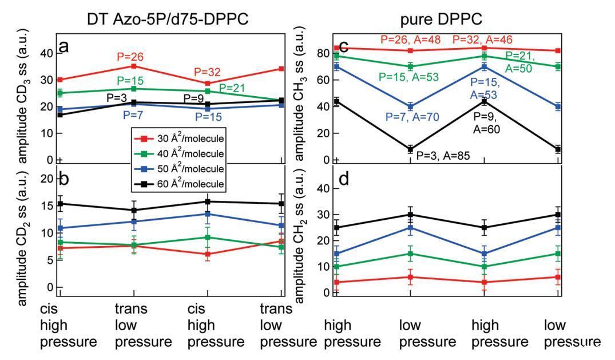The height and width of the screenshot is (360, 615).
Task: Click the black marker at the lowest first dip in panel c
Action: pyautogui.click(x=410, y=149)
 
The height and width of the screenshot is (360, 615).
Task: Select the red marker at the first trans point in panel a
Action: pyautogui.click(x=134, y=66)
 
